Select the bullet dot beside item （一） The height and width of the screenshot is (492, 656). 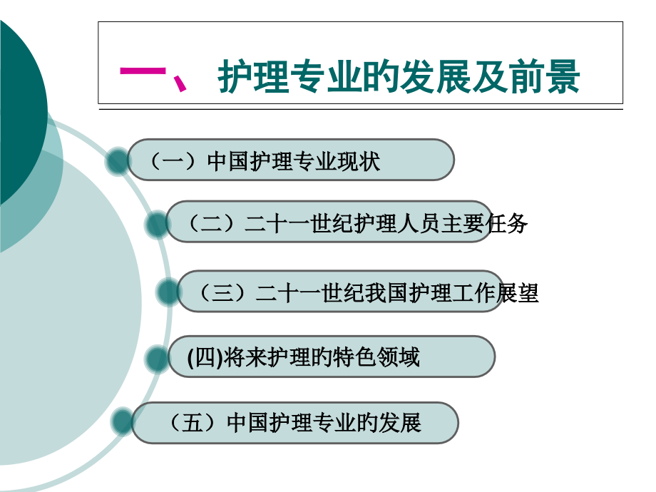(118, 162)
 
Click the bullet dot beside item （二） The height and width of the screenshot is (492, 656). (158, 224)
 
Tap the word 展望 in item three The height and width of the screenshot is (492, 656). (517, 292)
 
